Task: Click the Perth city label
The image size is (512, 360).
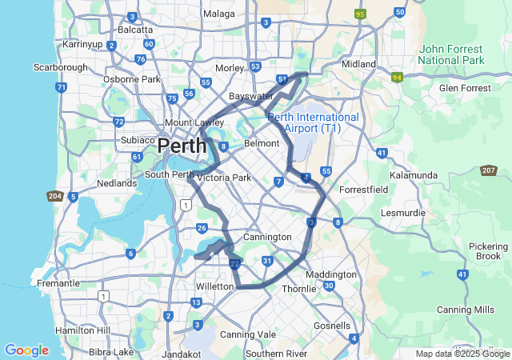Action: point(182,146)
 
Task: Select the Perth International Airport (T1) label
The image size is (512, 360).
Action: point(314,122)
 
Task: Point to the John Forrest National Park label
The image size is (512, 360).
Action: point(452,54)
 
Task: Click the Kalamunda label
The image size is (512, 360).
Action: point(412,174)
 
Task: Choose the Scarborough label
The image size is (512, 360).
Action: point(60,67)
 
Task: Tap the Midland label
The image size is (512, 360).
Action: point(358,64)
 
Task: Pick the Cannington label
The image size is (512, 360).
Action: point(267,238)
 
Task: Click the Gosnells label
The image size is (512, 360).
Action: point(332,326)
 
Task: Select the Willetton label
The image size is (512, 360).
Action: point(214,286)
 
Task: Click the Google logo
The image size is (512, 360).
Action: point(26,350)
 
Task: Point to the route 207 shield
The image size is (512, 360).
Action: point(489,170)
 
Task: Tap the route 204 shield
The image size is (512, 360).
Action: point(55,196)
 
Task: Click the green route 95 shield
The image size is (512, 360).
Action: point(361,14)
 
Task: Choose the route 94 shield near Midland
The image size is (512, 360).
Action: point(397,78)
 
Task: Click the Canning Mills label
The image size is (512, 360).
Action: point(466,310)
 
